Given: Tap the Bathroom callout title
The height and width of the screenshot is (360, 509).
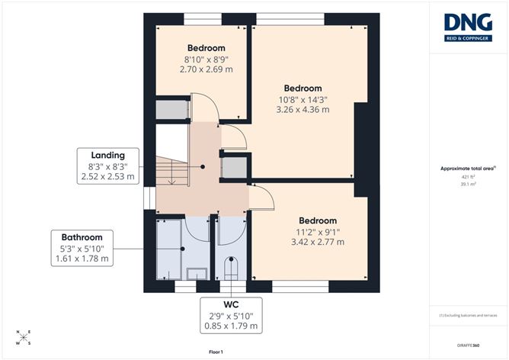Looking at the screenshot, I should pos(82,237).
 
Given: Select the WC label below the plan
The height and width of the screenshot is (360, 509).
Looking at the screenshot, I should pos(231,304).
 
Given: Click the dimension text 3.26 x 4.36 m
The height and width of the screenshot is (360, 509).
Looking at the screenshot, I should pos(303,110).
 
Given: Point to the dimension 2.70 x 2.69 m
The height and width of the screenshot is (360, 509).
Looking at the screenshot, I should pos(205,69).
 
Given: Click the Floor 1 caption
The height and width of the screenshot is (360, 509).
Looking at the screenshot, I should pos(215,352).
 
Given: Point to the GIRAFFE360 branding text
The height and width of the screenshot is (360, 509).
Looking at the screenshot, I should pos(466,346).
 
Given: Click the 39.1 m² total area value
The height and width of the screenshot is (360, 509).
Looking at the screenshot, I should pos(467,184).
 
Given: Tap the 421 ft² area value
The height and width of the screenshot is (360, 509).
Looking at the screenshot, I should pos(467,176).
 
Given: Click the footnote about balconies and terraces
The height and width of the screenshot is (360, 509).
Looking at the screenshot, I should pos(467,314).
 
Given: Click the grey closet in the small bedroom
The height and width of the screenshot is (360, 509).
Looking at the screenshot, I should pos(171,108).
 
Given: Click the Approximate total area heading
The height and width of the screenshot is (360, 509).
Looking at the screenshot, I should pos(466,169).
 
